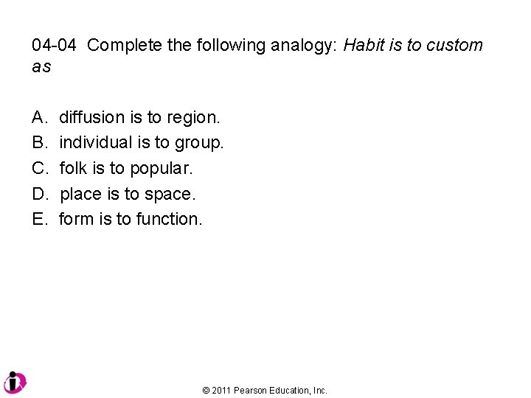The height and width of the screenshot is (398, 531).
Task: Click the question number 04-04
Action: coord(54,46)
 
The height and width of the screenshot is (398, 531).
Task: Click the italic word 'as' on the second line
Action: coord(41,66)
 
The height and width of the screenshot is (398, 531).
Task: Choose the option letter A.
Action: coord(39,117)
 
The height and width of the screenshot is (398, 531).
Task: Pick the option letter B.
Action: coord(39,142)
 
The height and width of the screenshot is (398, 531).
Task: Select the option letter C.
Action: coord(39,168)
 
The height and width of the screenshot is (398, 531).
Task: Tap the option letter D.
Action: coord(39,194)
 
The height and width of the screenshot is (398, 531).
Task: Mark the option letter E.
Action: coord(39,219)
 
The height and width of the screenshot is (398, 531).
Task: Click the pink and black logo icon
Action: coord(15,382)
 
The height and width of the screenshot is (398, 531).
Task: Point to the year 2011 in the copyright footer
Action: coord(221,391)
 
